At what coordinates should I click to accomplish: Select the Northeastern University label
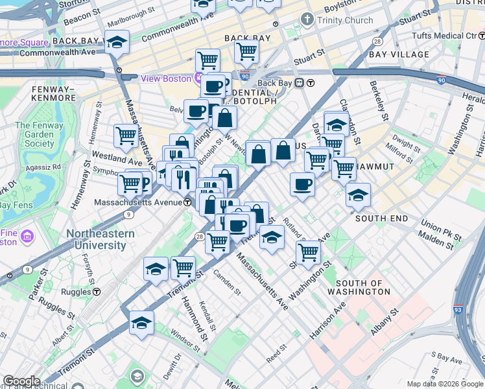(x=100, y=239)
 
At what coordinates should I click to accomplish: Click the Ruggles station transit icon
(x=97, y=292)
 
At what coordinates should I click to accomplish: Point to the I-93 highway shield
(x=458, y=311)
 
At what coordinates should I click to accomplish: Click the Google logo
(x=21, y=381)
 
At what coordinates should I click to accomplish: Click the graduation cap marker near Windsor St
(x=141, y=323)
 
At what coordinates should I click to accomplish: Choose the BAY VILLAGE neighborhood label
(x=399, y=54)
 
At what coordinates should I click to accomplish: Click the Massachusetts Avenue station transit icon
(x=187, y=202)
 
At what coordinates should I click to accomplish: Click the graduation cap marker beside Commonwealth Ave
(x=117, y=43)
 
